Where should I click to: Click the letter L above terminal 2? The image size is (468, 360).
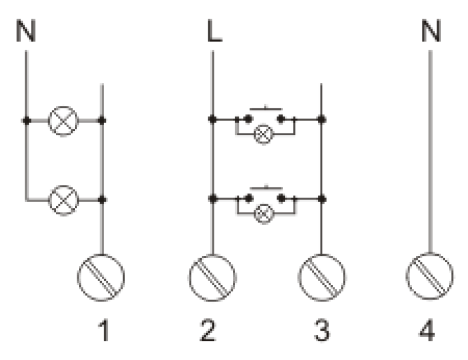coord(215,30)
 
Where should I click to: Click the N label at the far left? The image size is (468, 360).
coord(26,30)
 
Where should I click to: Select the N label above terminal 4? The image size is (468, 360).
coord(431,30)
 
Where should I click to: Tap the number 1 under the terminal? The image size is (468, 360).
coord(104,330)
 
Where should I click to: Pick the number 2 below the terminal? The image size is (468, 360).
coord(208,330)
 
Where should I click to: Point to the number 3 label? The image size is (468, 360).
coord(322,330)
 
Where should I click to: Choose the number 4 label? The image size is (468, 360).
coord(427,330)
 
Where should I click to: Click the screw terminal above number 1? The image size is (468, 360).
coord(101,277)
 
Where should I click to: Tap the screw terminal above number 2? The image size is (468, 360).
coord(212,277)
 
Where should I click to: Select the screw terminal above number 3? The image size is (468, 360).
coord(322,277)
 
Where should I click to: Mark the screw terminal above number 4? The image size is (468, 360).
coord(429,276)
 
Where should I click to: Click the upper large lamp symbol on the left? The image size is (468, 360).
coord(63,121)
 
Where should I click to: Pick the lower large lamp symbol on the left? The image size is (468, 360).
coord(63,200)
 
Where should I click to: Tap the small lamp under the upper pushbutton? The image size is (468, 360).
coord(263,135)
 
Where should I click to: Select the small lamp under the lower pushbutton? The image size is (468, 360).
coord(264,214)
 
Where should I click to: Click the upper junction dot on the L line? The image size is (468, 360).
coord(212,119)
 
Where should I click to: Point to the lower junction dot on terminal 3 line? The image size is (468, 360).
coord(322,198)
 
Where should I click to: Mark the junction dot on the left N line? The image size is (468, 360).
coord(26,121)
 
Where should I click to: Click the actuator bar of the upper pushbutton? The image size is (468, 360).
coord(266,109)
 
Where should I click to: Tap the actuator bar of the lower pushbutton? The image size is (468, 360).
coord(266,188)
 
